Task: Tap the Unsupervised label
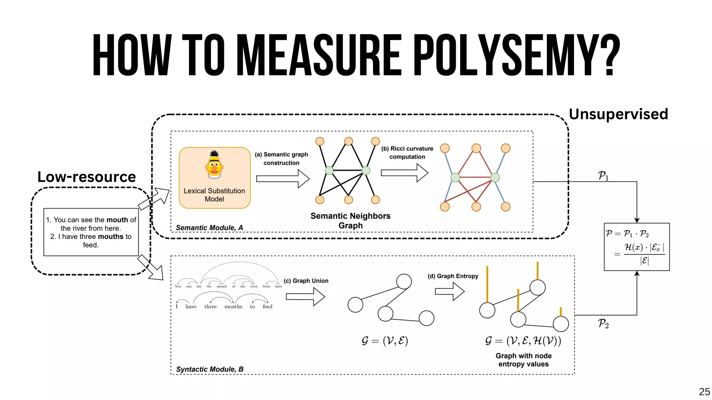click(x=618, y=114)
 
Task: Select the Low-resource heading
click(x=87, y=177)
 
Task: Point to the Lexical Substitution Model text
click(x=214, y=195)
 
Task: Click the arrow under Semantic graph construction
click(x=283, y=179)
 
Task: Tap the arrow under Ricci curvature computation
click(x=404, y=173)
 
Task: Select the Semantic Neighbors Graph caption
click(x=350, y=220)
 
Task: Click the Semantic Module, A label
click(x=209, y=228)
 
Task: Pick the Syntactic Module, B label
click(x=210, y=369)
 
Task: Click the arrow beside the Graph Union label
click(x=305, y=297)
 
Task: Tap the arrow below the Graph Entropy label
click(x=450, y=291)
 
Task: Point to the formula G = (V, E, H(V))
click(x=523, y=341)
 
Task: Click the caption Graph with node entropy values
click(x=524, y=360)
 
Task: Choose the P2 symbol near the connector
click(x=603, y=324)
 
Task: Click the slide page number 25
click(x=704, y=392)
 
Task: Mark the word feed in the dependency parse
click(x=267, y=307)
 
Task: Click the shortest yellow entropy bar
click(x=561, y=311)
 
